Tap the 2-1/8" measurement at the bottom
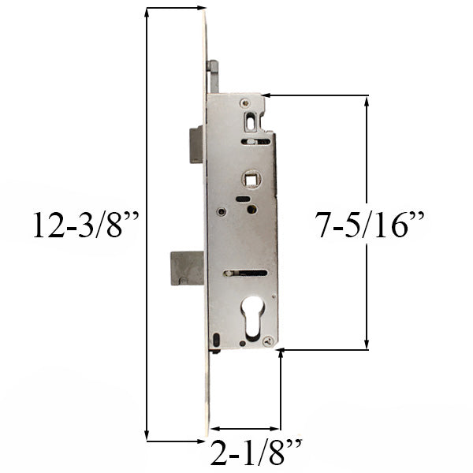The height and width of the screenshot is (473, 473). click(256, 455)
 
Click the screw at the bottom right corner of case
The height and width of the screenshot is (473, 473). click(270, 341)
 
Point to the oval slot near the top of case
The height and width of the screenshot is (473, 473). click(251, 122)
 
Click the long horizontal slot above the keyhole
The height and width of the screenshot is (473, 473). click(246, 274)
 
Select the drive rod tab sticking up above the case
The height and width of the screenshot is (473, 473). click(211, 77)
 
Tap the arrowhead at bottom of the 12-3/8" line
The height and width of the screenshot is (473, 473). click(147, 433)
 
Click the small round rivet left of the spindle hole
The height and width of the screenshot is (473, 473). click(222, 211)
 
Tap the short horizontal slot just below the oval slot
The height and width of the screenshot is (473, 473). click(251, 142)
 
